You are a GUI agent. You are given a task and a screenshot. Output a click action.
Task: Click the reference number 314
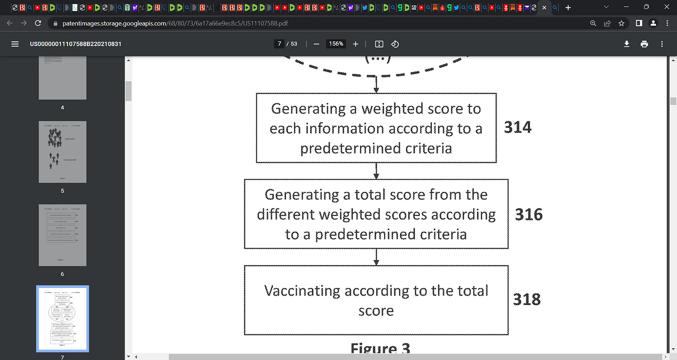[x=518, y=127]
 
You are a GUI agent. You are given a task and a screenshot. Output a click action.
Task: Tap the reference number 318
[x=527, y=299]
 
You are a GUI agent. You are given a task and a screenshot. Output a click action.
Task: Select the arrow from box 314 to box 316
[x=376, y=171]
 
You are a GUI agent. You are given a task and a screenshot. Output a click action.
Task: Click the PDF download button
[x=627, y=44]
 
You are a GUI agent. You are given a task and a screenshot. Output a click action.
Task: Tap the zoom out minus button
[x=316, y=44]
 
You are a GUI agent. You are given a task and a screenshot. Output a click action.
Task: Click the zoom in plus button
[x=356, y=44]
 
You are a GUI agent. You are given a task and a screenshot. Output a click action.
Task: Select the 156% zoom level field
[x=336, y=44]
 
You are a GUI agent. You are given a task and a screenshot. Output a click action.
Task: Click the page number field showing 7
[x=279, y=44]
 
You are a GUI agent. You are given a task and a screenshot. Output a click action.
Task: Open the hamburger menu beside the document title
[x=15, y=44]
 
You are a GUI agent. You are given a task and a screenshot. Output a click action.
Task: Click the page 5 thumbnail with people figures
[x=62, y=152]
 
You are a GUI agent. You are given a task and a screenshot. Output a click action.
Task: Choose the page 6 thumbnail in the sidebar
[x=62, y=235]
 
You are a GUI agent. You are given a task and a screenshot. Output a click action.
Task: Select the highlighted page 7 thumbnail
[x=62, y=319]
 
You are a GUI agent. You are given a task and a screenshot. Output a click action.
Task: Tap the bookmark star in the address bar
[x=621, y=23]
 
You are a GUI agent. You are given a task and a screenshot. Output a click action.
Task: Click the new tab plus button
[x=568, y=7]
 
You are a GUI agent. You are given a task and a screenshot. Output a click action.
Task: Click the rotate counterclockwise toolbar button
[x=395, y=44]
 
